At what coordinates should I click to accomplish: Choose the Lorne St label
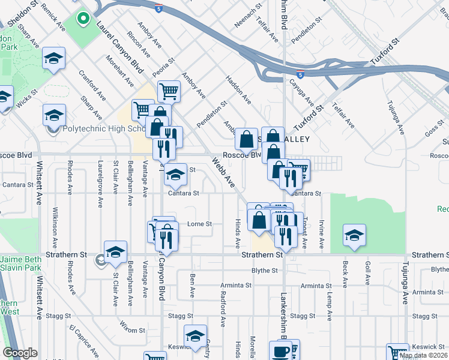(x=200, y=224)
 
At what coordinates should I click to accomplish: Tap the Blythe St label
(x=264, y=271)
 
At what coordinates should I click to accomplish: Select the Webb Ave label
(x=223, y=172)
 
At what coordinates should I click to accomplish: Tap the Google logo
(x=20, y=353)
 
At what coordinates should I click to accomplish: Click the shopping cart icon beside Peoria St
(x=169, y=91)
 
